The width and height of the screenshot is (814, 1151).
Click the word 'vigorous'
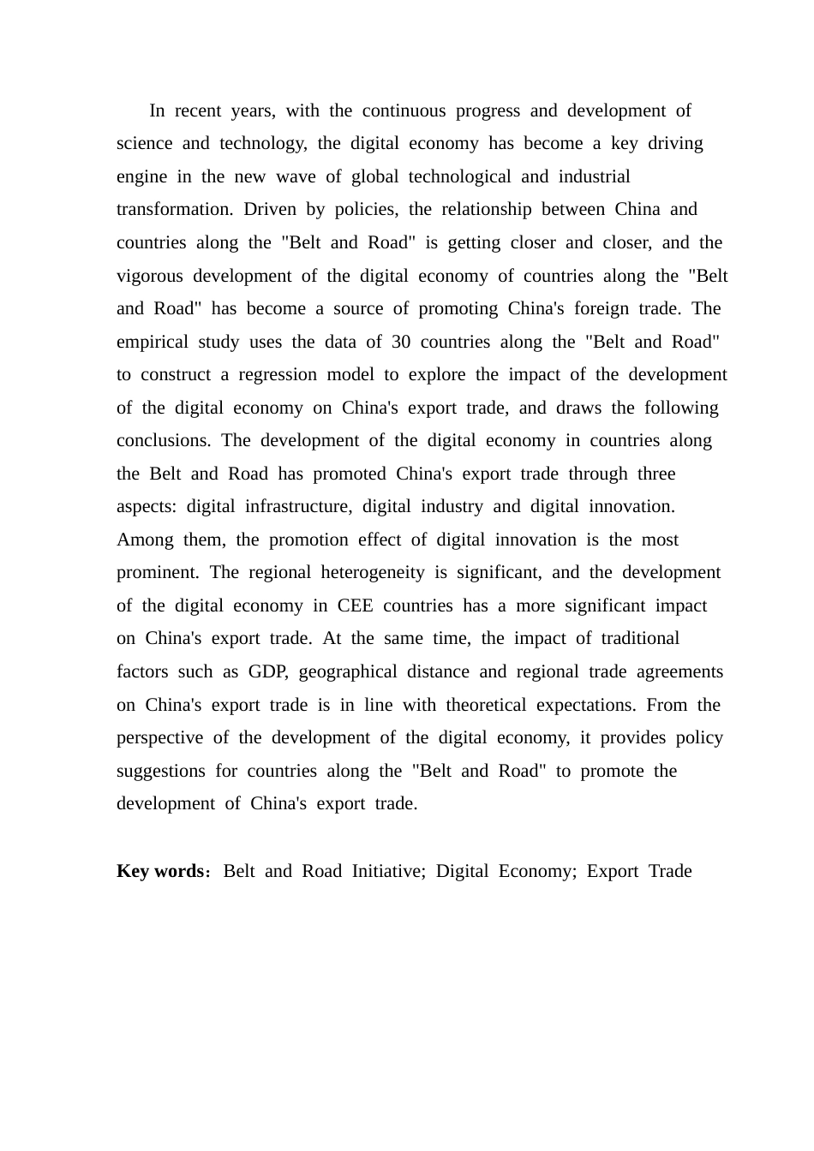149,277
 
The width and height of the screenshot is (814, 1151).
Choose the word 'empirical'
152,343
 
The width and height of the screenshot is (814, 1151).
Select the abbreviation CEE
355,606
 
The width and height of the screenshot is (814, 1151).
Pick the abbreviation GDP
267,672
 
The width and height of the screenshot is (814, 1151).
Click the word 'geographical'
348,672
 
